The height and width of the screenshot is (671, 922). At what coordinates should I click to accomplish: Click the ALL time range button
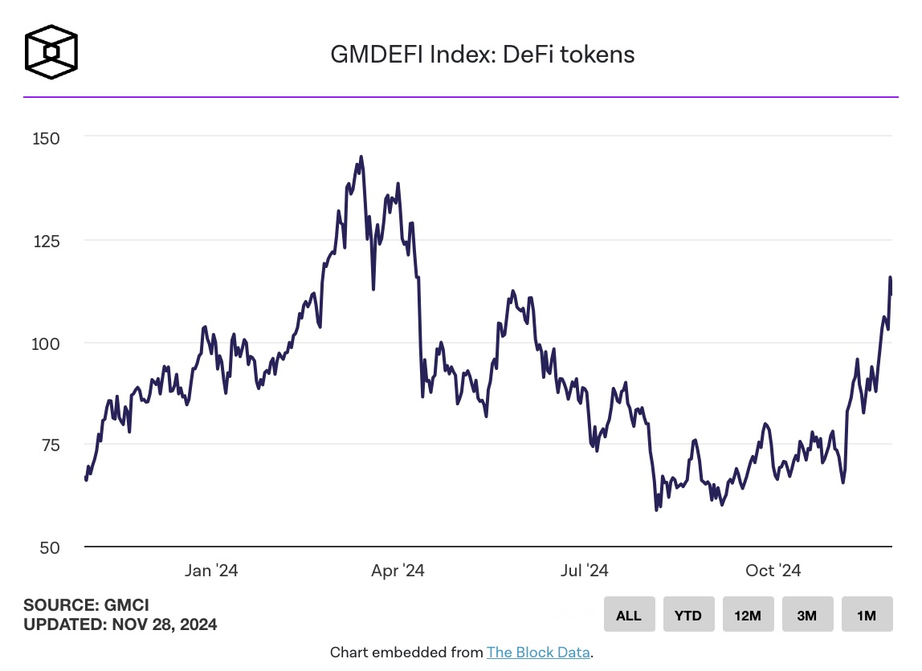pos(629,616)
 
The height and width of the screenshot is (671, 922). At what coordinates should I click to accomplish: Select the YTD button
pos(688,616)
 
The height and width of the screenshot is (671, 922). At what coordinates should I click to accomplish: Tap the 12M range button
pos(748,616)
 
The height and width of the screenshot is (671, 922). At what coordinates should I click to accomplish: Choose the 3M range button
pos(807,616)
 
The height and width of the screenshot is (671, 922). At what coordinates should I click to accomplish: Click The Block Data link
pos(539,653)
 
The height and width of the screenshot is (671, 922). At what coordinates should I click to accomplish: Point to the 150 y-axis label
pos(46,138)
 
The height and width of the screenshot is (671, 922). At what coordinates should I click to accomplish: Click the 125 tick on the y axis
pos(46,240)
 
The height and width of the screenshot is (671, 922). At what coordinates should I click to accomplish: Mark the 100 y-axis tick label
pos(46,343)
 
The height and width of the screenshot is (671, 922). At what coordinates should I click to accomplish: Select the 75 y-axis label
pos(50,445)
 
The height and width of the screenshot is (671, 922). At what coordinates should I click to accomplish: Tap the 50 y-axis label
pos(50,547)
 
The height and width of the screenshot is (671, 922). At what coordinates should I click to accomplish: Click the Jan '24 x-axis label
pos(211,571)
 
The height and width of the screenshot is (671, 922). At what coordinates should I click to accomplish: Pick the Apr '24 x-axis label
pos(398,571)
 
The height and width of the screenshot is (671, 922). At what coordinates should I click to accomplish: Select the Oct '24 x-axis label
pos(773,571)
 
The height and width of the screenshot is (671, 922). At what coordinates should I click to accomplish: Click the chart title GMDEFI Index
pos(483,55)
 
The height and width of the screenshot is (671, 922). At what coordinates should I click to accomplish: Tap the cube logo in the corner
pos(51,53)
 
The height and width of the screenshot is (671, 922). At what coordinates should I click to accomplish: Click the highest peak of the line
pos(361,157)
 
